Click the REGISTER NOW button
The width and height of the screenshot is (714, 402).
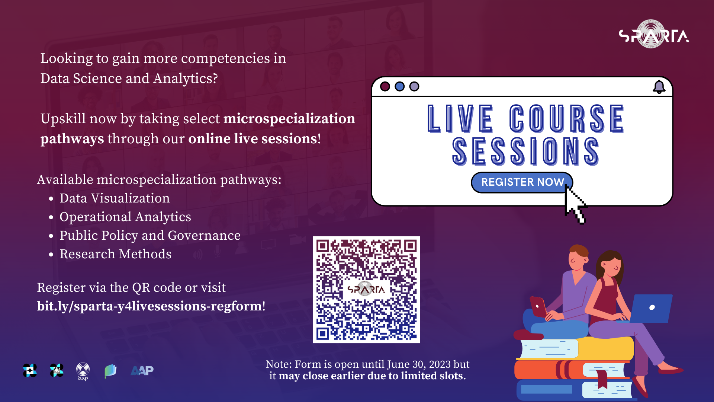(522, 182)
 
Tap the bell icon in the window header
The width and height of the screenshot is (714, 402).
(659, 87)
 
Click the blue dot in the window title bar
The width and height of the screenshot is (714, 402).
(399, 86)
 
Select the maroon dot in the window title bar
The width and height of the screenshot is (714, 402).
(385, 86)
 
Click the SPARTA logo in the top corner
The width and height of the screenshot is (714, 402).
(654, 35)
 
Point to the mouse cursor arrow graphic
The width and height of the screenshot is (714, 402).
(575, 205)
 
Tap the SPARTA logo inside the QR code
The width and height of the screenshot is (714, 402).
(366, 289)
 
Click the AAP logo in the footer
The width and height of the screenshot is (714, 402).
(142, 370)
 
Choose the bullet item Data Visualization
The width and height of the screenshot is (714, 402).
(115, 198)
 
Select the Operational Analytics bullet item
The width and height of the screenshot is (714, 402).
(125, 217)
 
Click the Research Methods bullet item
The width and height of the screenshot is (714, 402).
(115, 254)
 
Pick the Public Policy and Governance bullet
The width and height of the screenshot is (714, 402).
(150, 235)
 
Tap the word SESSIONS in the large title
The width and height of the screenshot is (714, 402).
(525, 151)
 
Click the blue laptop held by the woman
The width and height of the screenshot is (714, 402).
(651, 308)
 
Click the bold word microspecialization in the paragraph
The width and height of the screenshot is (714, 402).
(289, 118)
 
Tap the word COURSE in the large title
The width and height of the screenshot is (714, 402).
(567, 119)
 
